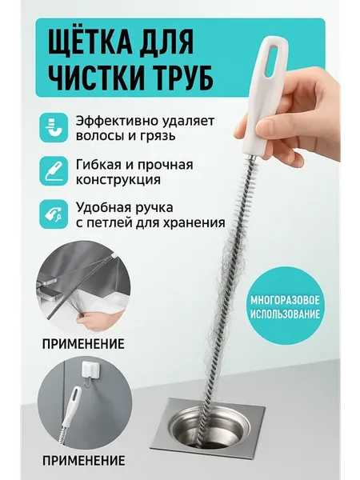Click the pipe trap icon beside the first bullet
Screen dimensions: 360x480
click(x=54, y=127)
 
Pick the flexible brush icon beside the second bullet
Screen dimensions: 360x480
click(x=54, y=171)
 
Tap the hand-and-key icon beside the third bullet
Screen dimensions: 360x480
click(x=54, y=214)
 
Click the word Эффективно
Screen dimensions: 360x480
click(x=117, y=121)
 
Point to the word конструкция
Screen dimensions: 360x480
click(x=118, y=179)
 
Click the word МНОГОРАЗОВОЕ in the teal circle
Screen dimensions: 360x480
click(x=285, y=300)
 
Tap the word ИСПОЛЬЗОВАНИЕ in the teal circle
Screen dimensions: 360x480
click(x=285, y=314)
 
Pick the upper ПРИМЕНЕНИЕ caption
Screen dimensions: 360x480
click(x=83, y=344)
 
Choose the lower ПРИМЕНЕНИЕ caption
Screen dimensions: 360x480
click(x=83, y=460)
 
